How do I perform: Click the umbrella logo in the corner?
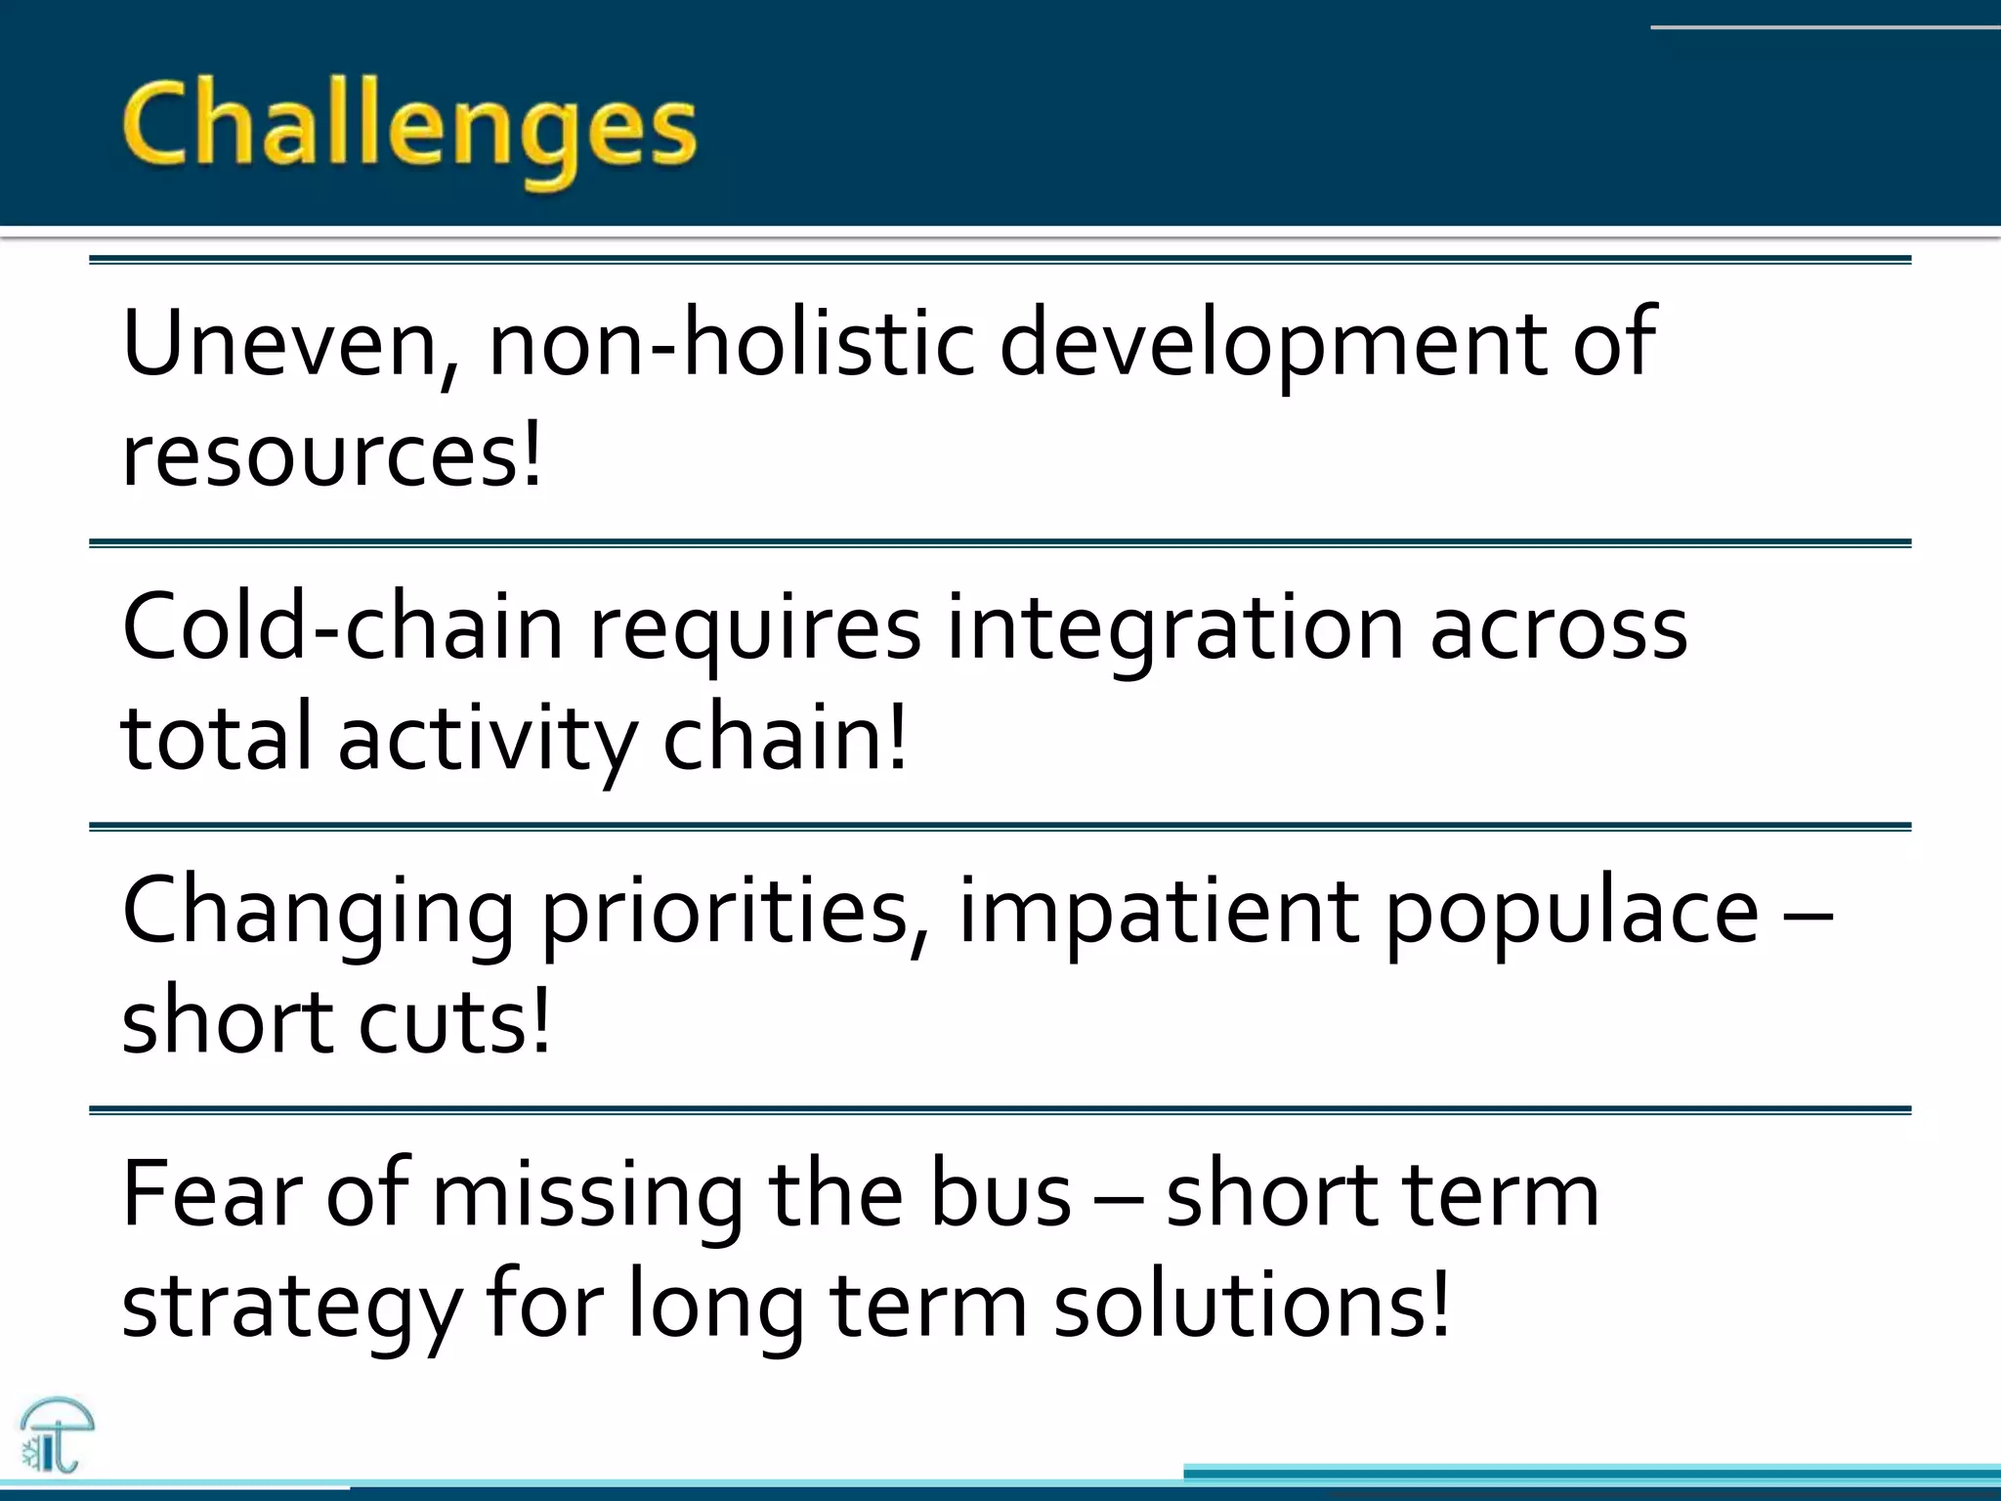point(56,1435)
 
